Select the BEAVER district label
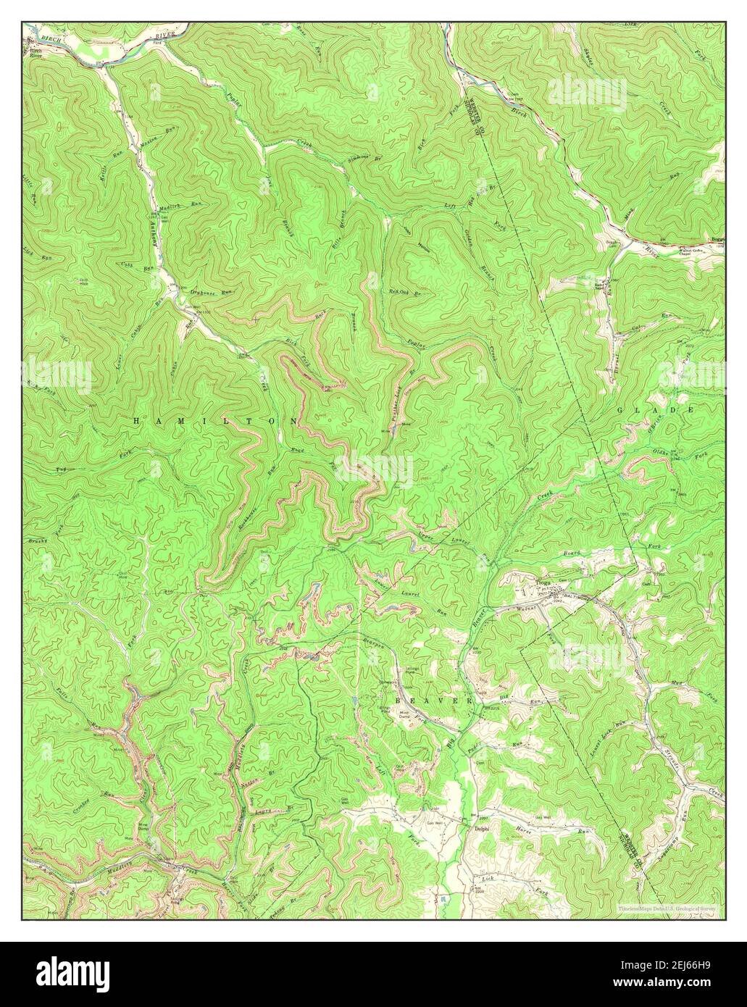(x=433, y=702)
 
